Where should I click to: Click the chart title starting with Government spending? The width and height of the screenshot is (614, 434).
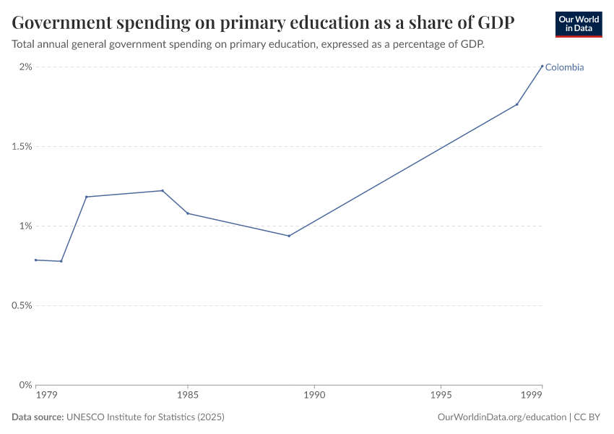click(263, 22)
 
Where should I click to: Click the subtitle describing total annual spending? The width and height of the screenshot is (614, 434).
click(248, 44)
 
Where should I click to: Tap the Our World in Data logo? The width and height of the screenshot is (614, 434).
click(578, 24)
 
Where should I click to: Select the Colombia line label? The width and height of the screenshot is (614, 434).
click(564, 67)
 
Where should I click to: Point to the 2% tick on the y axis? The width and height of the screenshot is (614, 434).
click(25, 67)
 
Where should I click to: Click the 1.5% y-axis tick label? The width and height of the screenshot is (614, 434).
click(22, 147)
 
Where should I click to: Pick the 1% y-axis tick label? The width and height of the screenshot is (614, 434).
click(25, 226)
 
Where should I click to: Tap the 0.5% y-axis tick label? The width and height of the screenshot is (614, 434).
click(22, 306)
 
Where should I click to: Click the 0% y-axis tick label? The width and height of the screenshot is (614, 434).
click(25, 385)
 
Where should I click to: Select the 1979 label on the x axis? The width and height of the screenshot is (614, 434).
click(46, 396)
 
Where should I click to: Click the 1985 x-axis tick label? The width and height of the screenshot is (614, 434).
click(188, 396)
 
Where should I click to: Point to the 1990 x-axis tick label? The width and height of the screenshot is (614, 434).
click(314, 396)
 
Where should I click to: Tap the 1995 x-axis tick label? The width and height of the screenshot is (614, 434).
click(441, 396)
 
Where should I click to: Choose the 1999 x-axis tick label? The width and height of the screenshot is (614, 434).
click(532, 396)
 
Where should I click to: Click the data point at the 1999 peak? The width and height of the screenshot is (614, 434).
click(542, 67)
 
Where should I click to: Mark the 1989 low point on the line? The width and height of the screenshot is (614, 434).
click(289, 236)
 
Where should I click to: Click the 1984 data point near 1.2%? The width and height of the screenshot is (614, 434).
click(163, 191)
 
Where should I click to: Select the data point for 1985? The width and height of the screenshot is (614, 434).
click(188, 213)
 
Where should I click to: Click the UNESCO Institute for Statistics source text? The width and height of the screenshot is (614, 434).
click(145, 417)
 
